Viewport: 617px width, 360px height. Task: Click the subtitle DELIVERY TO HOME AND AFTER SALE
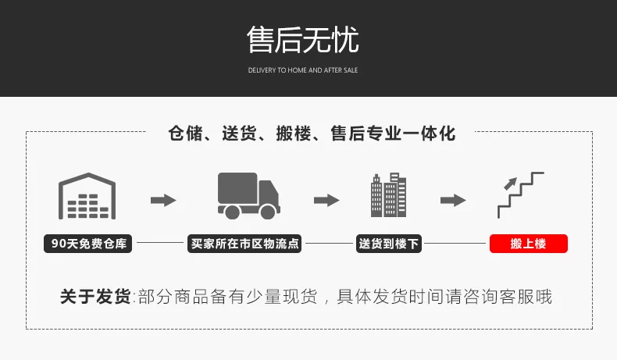[x=303, y=70]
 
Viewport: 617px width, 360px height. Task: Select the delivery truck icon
[x=248, y=195]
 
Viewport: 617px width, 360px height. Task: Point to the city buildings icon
[x=388, y=195]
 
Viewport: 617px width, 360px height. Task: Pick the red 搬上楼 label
[x=528, y=244]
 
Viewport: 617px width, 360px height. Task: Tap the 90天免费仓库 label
[x=87, y=244]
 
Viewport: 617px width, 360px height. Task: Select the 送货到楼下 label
[x=388, y=244]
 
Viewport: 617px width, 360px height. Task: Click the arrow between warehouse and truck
[x=163, y=200]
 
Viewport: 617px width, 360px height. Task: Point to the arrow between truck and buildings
[x=326, y=200]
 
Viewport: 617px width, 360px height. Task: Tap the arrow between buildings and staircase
[x=453, y=200]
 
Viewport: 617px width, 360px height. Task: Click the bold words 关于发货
[x=95, y=297]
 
